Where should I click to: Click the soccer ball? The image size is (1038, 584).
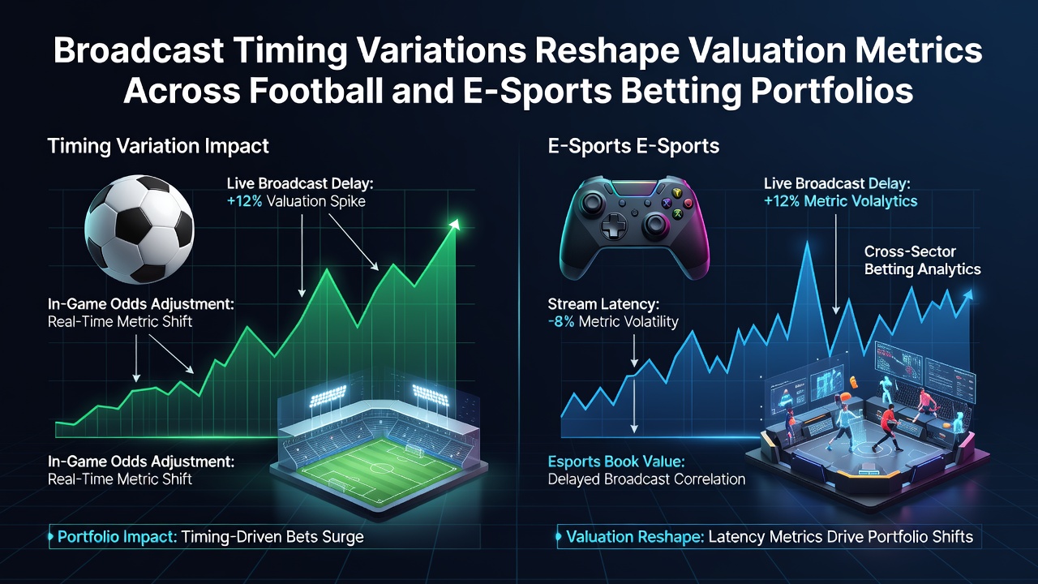click(x=139, y=229)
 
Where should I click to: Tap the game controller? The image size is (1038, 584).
click(x=634, y=226)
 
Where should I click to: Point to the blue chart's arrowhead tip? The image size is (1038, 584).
click(x=971, y=291)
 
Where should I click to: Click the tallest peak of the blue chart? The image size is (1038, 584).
click(x=808, y=242)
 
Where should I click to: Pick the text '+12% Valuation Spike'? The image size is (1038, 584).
click(x=296, y=202)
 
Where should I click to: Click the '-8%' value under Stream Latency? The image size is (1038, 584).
click(x=560, y=322)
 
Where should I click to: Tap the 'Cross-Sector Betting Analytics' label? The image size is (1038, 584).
click(x=922, y=260)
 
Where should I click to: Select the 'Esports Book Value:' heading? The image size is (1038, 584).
click(x=616, y=462)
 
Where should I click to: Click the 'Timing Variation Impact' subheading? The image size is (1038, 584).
click(x=158, y=146)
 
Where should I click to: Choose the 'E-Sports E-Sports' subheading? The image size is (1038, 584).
click(x=633, y=146)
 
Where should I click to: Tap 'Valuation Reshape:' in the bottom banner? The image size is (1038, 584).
click(x=635, y=537)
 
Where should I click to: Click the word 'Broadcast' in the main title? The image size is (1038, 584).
click(x=139, y=49)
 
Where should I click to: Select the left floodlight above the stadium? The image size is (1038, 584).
click(x=328, y=395)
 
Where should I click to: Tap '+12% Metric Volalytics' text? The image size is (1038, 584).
click(x=841, y=202)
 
